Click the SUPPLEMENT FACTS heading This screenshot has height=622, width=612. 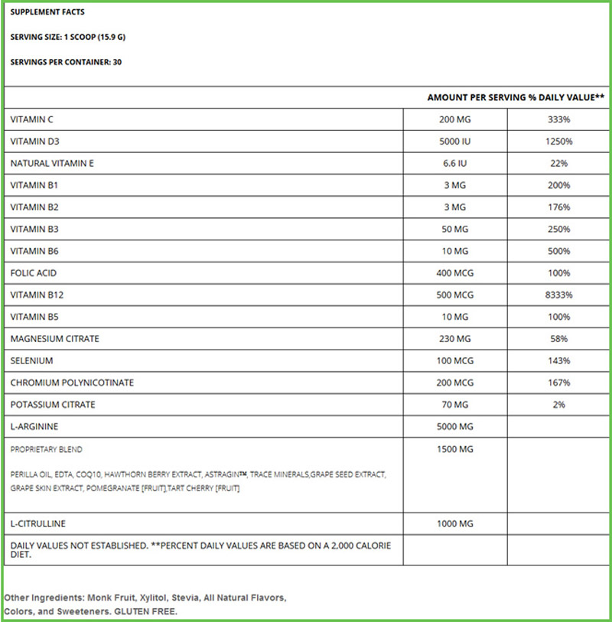(x=47, y=13)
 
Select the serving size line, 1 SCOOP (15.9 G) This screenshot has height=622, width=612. (x=67, y=37)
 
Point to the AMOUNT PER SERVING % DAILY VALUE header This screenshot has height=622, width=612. (x=516, y=98)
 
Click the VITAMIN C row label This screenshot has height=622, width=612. (x=31, y=119)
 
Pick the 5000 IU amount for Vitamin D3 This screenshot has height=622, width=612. (x=455, y=142)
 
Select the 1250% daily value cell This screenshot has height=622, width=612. (x=558, y=142)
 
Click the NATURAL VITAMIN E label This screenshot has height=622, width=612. (x=52, y=163)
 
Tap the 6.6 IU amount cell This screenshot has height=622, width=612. (x=455, y=163)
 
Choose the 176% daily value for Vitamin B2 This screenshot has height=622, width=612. (x=558, y=207)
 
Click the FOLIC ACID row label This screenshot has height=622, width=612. (x=34, y=273)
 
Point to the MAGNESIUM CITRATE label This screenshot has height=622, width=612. (x=54, y=338)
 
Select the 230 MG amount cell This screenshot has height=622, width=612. (x=455, y=338)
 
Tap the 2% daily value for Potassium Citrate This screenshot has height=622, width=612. (x=558, y=404)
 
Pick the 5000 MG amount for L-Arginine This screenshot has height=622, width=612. (x=455, y=426)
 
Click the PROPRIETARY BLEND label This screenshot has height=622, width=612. (x=47, y=449)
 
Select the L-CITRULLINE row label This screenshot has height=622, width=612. (x=37, y=523)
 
